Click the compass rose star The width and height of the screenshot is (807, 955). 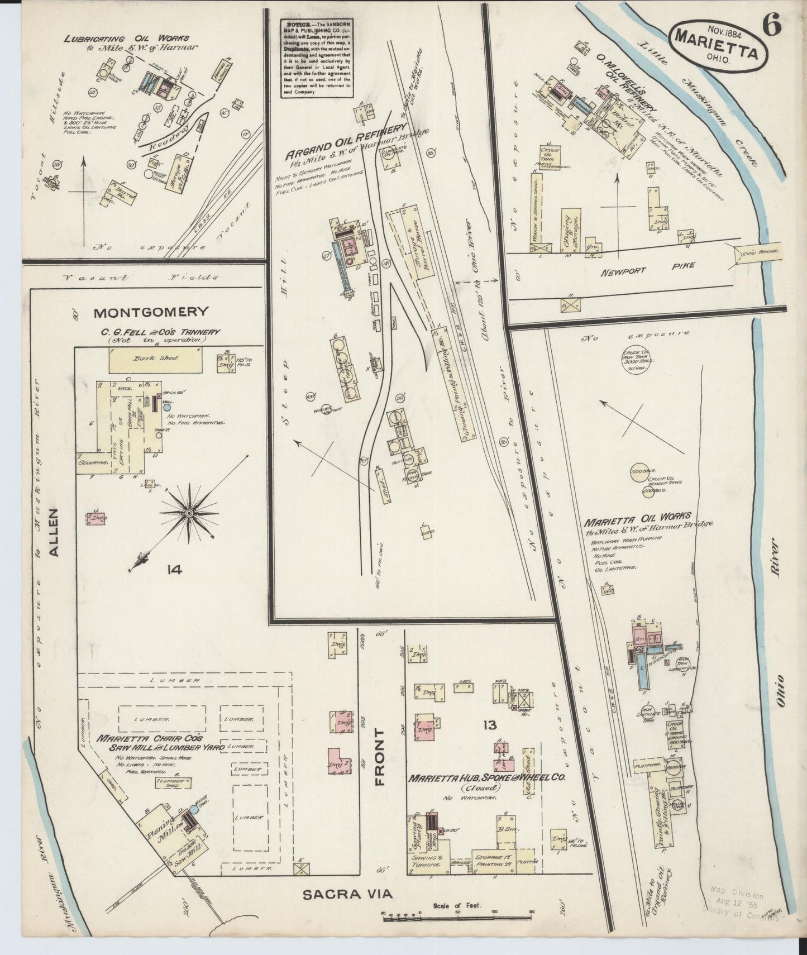point(189,513)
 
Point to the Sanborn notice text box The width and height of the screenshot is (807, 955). point(317,58)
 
